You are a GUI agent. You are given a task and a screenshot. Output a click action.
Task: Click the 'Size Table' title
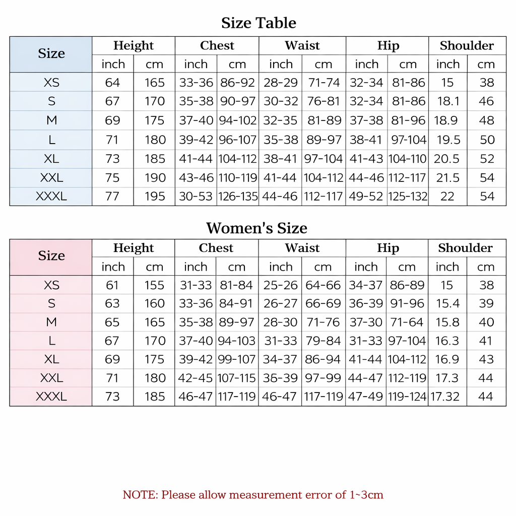[259, 23]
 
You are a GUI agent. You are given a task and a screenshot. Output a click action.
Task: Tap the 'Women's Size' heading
[256, 228]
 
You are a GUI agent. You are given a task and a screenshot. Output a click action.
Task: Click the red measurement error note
[253, 495]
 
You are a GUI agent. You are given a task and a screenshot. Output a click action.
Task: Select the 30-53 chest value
[196, 197]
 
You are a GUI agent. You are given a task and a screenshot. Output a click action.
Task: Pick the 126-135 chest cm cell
[238, 197]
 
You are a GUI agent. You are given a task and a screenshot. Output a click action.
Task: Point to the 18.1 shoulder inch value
[448, 101]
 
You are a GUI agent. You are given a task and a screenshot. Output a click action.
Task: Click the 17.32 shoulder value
[445, 397]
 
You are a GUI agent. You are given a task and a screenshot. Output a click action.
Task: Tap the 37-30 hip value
[366, 322]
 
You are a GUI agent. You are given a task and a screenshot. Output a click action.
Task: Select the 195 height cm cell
[155, 197]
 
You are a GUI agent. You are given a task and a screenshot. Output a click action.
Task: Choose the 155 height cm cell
[154, 285]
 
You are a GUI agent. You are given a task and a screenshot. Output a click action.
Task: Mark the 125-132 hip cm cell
[408, 197]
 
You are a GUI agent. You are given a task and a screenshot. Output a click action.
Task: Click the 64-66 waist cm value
[323, 285]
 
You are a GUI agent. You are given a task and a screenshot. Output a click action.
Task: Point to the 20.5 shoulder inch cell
[446, 159]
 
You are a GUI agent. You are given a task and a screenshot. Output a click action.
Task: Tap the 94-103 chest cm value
[237, 341]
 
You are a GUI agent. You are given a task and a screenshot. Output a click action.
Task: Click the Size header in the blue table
[51, 54]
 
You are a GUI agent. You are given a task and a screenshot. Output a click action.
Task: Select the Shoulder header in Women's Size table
[465, 248]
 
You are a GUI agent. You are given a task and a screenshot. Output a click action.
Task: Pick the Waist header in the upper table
[302, 46]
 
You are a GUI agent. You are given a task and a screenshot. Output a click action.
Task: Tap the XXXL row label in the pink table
[51, 397]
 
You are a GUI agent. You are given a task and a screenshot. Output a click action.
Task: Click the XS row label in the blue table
[51, 83]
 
